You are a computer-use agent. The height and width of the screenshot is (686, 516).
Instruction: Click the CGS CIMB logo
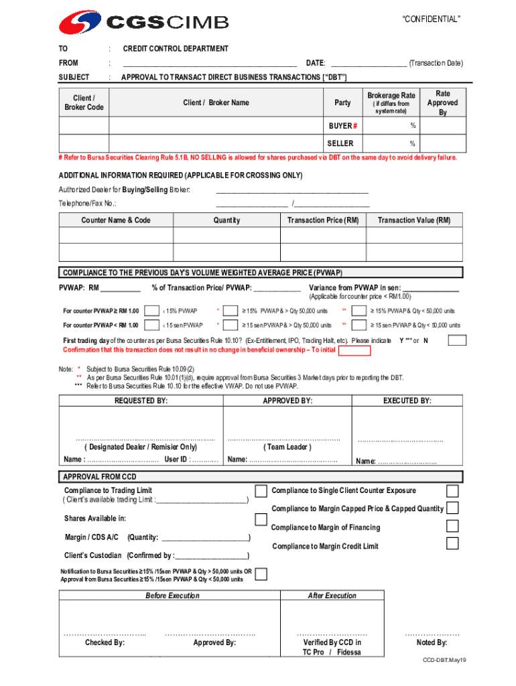click(x=144, y=23)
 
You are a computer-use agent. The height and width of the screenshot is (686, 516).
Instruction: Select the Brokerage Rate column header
click(x=391, y=96)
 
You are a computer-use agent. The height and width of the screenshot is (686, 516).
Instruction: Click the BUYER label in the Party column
click(x=342, y=126)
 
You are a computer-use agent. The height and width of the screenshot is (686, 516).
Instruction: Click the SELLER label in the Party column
click(x=340, y=143)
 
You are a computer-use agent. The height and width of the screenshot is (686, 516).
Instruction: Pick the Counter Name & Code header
click(x=116, y=220)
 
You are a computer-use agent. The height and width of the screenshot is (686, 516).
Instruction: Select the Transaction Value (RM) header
click(x=414, y=220)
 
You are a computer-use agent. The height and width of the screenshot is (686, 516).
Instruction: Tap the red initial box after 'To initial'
click(x=354, y=351)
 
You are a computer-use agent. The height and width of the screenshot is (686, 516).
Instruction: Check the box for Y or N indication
click(x=457, y=340)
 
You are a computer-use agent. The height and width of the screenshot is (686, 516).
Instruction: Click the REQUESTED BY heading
click(x=141, y=401)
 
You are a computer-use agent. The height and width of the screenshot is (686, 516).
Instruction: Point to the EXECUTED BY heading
click(x=407, y=401)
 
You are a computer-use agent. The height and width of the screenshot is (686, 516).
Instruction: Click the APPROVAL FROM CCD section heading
click(x=100, y=477)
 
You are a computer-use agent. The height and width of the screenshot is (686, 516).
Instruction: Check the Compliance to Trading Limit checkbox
click(x=261, y=492)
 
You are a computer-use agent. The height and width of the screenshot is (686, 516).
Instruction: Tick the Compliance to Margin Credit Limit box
click(x=452, y=543)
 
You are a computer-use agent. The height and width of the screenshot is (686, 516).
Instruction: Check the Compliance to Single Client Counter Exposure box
click(x=452, y=491)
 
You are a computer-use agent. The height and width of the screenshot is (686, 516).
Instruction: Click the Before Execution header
click(x=172, y=596)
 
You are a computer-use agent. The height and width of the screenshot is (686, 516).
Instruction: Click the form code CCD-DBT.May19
click(x=444, y=661)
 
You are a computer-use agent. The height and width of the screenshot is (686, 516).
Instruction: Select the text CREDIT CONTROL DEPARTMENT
click(x=176, y=49)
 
